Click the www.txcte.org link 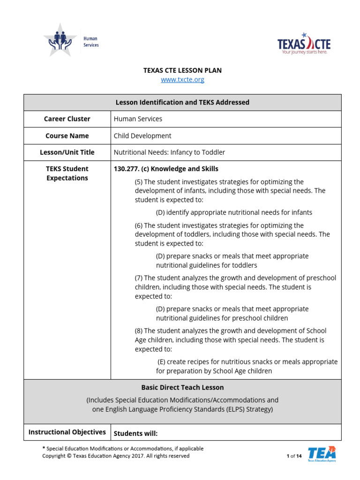(182, 80)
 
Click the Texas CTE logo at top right (304, 44)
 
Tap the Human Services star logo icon (60, 40)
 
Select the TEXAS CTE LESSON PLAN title (182, 70)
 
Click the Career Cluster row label (67, 119)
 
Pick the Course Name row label (67, 136)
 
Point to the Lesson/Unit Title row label (67, 152)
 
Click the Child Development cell (142, 136)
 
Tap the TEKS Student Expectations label (67, 173)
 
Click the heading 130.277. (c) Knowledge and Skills (166, 169)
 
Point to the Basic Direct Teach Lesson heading (182, 388)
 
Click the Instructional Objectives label (67, 432)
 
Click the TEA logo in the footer (322, 454)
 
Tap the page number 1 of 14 (294, 456)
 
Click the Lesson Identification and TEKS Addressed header (182, 102)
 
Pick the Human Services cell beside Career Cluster (138, 119)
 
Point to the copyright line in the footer (116, 456)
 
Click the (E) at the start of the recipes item (162, 362)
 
